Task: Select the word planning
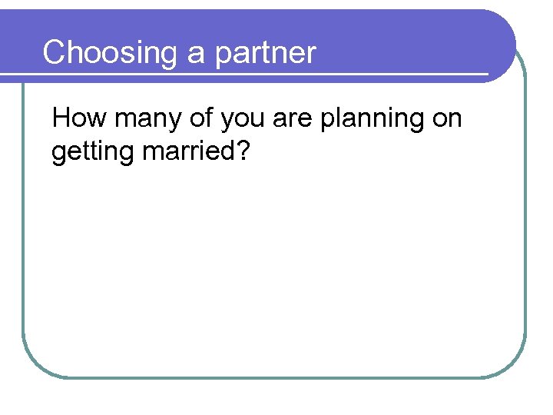(375, 120)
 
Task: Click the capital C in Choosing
(55, 53)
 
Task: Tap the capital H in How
(61, 118)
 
